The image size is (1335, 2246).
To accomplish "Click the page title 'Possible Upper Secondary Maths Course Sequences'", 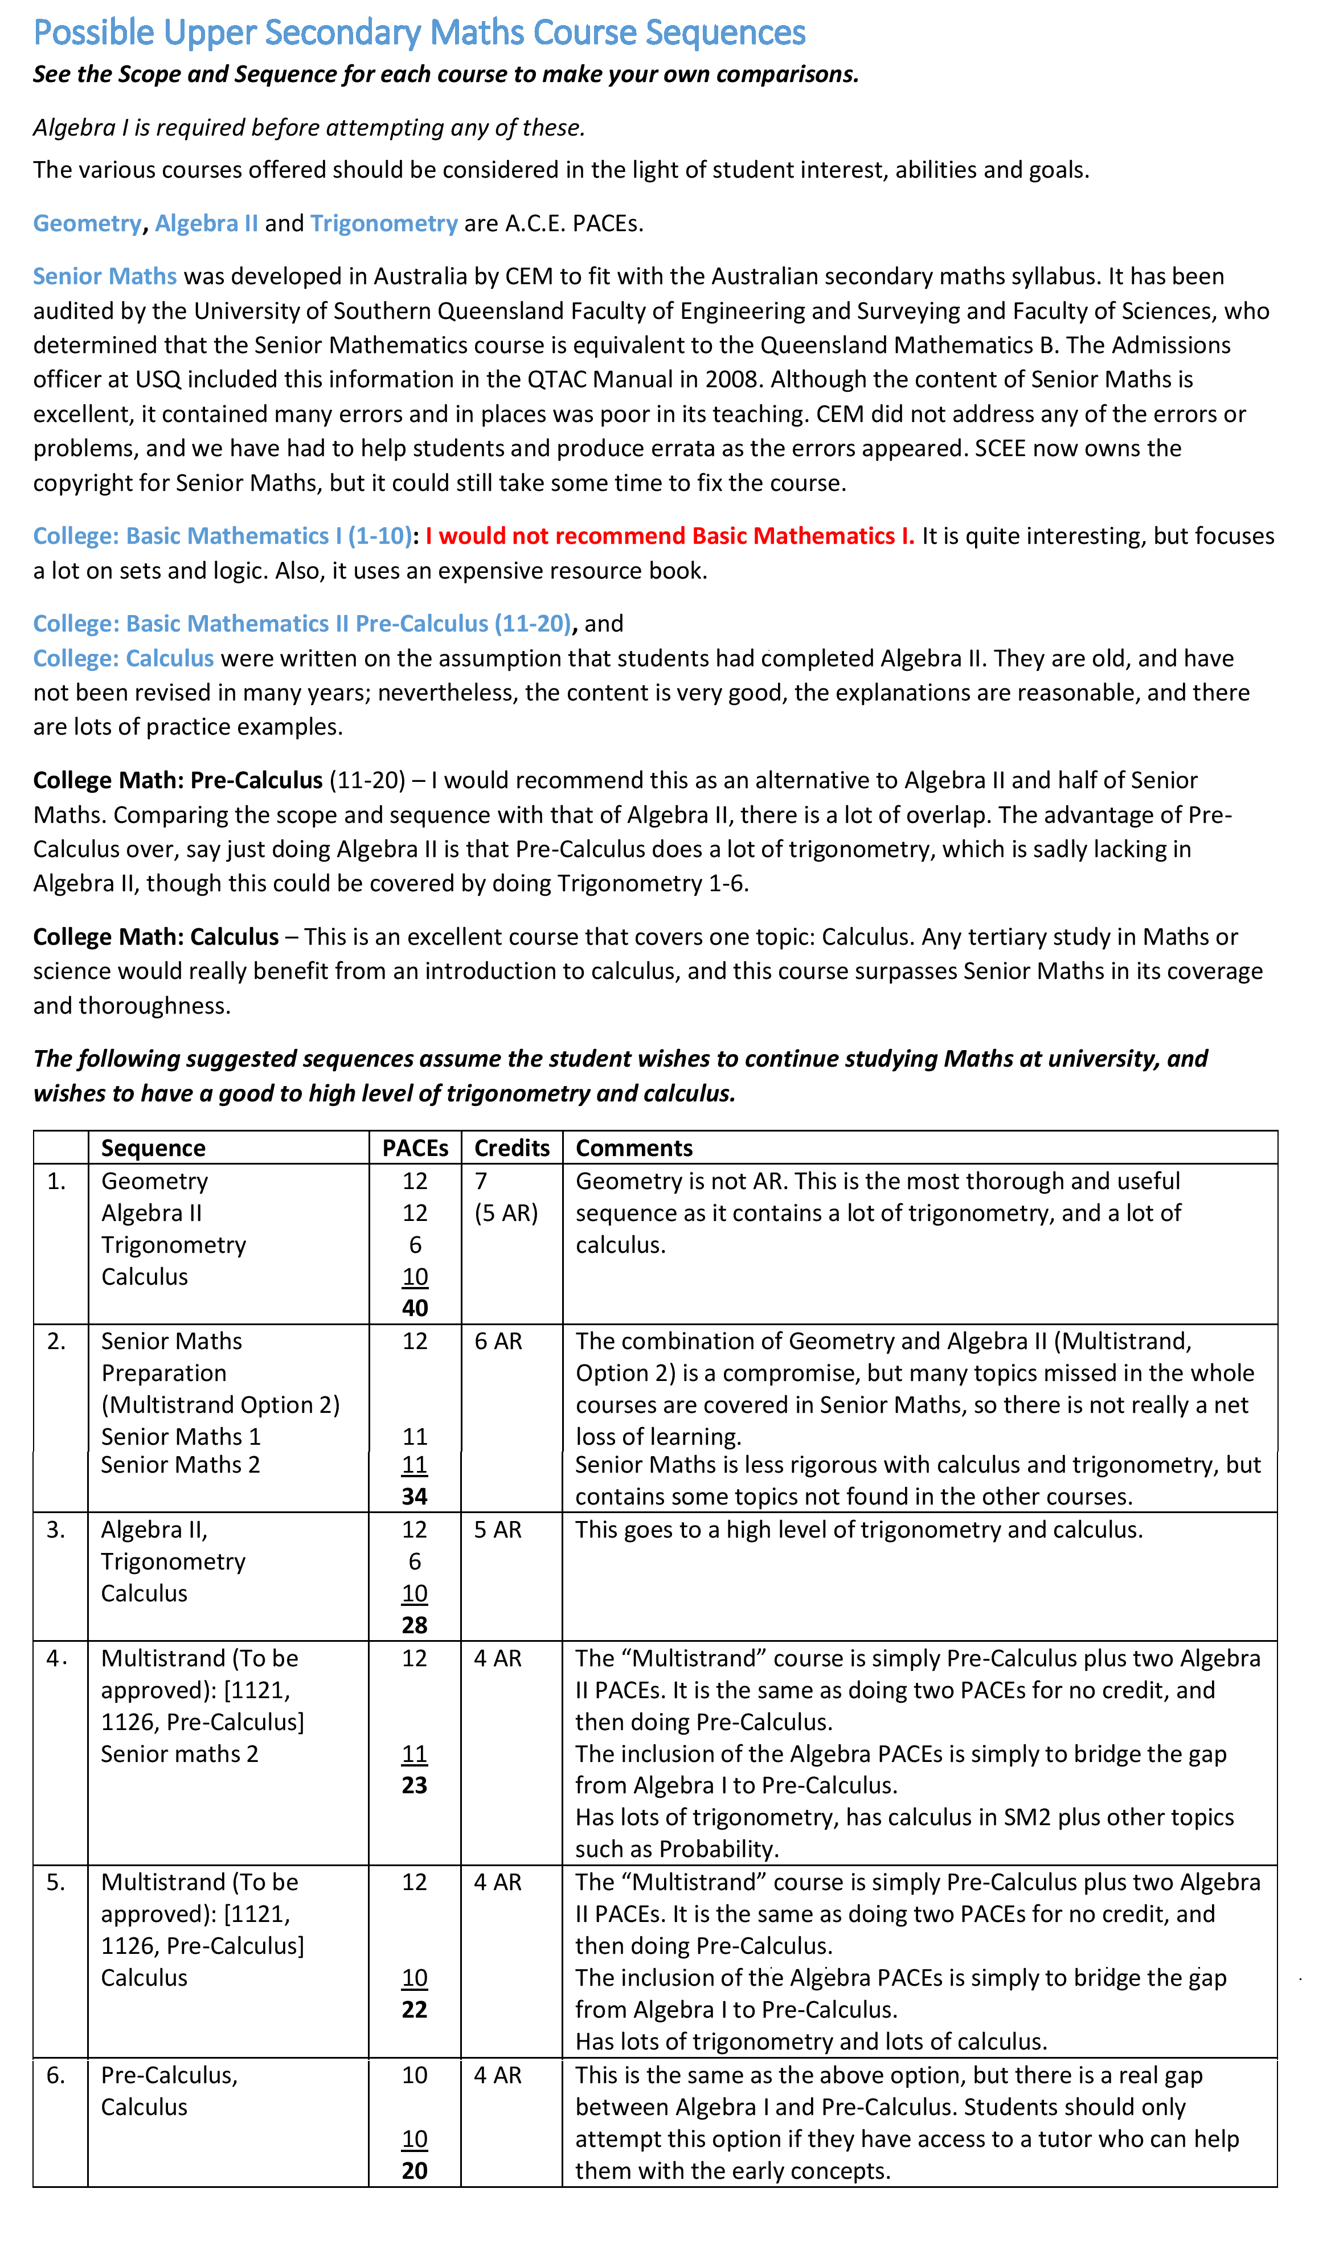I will click(419, 33).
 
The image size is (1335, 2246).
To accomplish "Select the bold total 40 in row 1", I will click(415, 1308).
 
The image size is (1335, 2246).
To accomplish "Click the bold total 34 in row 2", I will click(415, 1497).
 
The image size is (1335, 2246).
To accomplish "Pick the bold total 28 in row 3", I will click(415, 1625).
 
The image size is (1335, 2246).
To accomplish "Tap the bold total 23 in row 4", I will click(415, 1785).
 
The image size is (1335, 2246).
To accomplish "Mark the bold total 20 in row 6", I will click(415, 2170).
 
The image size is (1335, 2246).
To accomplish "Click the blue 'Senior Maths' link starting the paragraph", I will click(104, 276).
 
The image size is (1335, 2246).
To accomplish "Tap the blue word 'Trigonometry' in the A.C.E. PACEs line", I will click(383, 223).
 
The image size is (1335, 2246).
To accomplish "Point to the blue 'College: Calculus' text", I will click(123, 658).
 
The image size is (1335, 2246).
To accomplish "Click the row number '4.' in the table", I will click(57, 1658).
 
